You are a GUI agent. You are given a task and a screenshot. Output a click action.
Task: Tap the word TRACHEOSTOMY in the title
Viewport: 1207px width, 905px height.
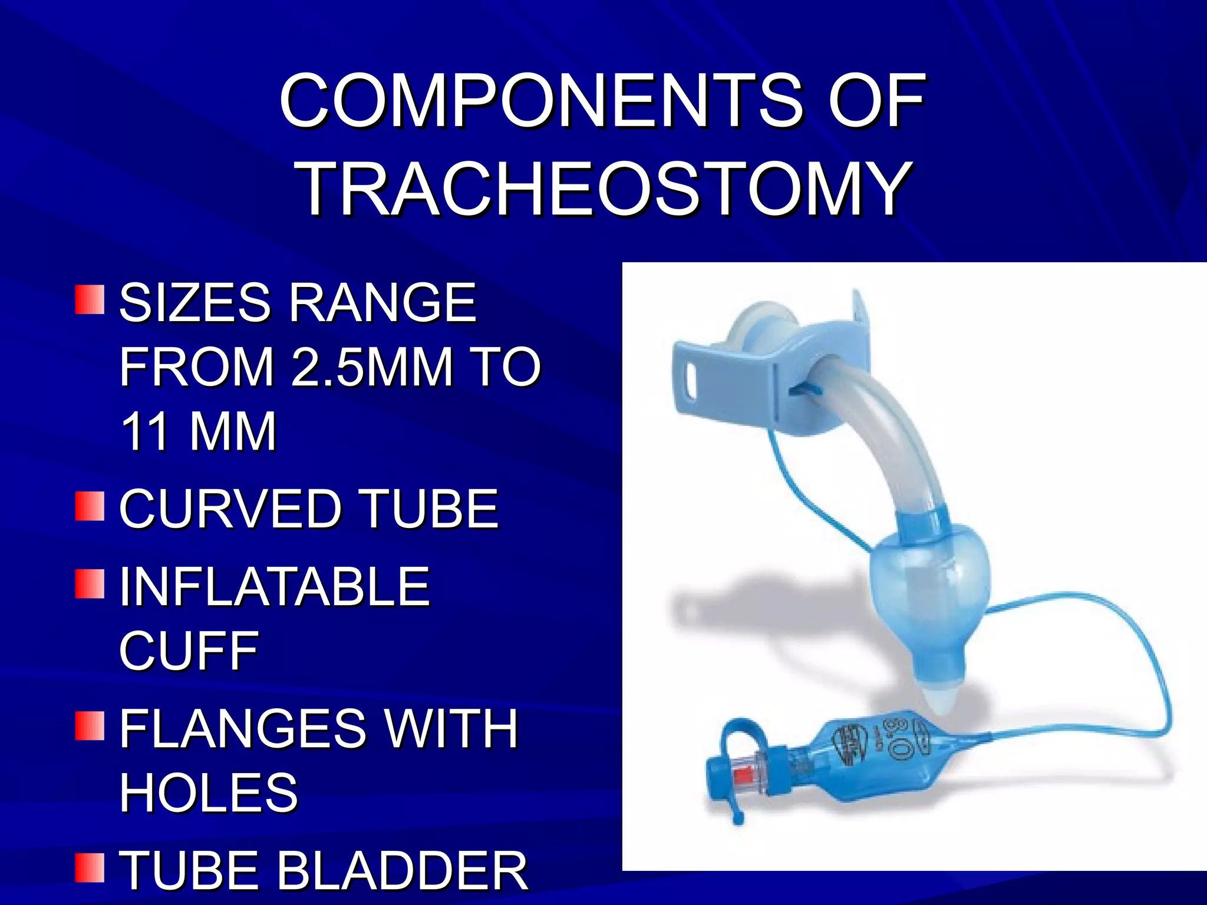pos(603,190)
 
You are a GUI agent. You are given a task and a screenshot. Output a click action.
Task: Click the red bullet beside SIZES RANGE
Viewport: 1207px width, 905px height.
pos(90,300)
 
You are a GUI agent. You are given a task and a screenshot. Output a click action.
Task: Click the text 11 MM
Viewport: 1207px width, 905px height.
pos(198,431)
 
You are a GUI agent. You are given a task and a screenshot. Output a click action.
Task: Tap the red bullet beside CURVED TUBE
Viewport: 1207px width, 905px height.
pos(90,507)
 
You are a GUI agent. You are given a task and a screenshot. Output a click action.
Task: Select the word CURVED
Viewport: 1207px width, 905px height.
pos(230,508)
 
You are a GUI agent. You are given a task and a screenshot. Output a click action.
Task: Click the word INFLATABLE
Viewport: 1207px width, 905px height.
pos(275,586)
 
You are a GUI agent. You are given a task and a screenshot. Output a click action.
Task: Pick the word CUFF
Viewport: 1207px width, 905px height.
pos(189,651)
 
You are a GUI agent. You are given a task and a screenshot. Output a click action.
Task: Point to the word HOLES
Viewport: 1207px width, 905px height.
pos(209,792)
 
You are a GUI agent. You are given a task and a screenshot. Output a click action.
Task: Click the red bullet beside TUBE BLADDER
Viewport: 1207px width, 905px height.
pos(90,868)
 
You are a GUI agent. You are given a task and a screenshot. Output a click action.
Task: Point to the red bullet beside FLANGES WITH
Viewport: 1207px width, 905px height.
pos(90,726)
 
